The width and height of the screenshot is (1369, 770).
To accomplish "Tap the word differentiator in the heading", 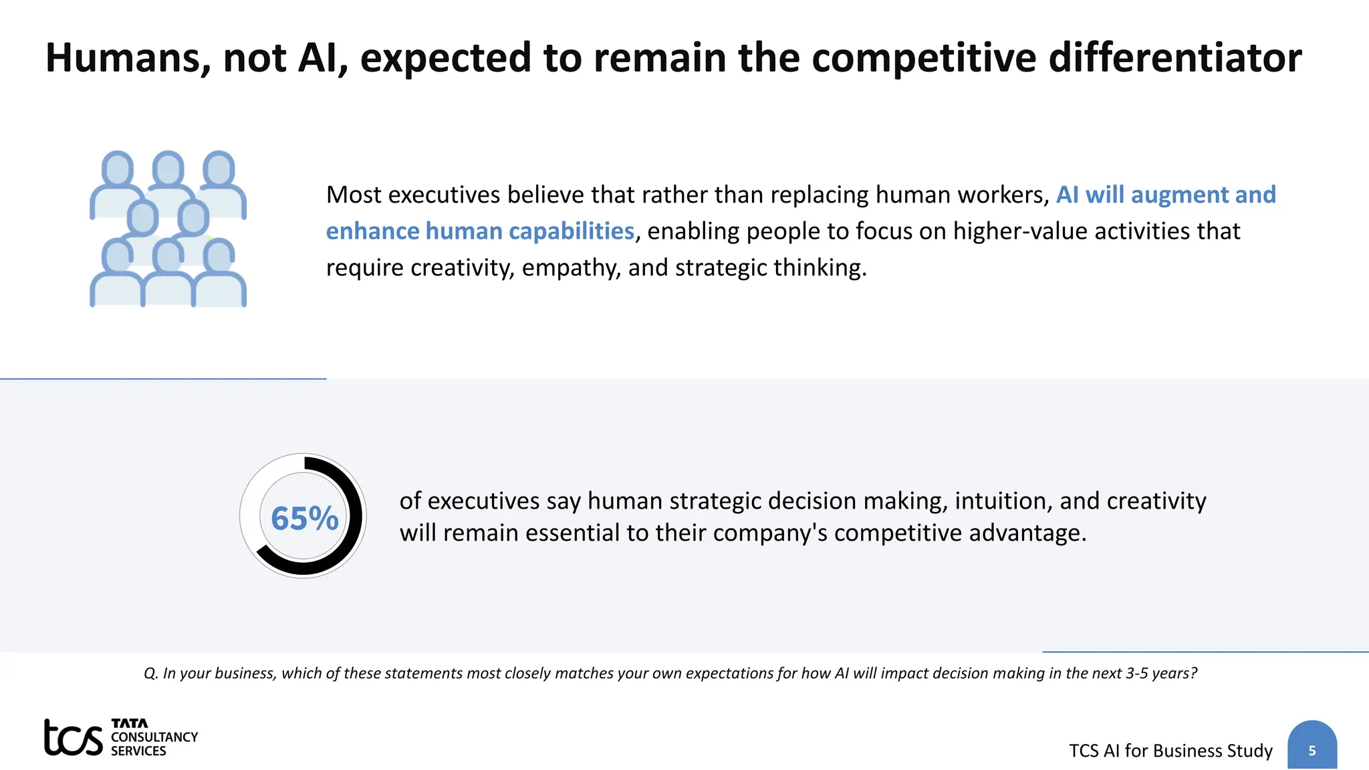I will (x=1174, y=58).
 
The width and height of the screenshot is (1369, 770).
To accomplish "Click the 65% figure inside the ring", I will (x=304, y=519).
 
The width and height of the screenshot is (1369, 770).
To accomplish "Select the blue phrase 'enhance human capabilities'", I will (x=479, y=231).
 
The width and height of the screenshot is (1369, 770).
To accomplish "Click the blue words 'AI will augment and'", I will (x=1165, y=195).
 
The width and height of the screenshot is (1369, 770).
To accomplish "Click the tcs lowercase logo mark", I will (x=73, y=738).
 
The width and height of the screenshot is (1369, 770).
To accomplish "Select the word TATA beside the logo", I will (x=129, y=723).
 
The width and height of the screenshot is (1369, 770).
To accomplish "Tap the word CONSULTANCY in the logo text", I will (x=154, y=737).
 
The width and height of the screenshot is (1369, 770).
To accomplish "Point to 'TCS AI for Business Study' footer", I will (x=1170, y=751).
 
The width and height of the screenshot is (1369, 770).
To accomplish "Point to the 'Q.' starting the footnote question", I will (x=150, y=673).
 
